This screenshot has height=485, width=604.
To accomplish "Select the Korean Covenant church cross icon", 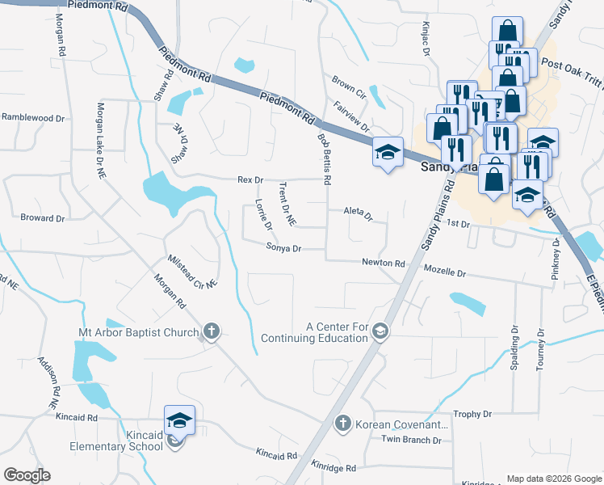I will click(x=342, y=424).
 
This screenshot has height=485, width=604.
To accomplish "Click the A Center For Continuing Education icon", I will click(x=380, y=331).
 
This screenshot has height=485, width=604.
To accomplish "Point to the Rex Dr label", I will click(x=250, y=179).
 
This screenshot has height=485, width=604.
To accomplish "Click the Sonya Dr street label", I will click(x=283, y=250).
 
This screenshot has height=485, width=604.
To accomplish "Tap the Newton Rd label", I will click(x=383, y=263).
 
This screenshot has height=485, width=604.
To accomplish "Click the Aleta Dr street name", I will click(x=358, y=216).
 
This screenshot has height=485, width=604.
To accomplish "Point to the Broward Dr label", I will click(x=42, y=218).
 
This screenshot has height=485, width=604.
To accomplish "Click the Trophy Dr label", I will click(x=472, y=415).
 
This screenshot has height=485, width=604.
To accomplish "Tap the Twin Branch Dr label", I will click(x=411, y=441).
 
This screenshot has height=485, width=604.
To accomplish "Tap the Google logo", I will click(x=27, y=475).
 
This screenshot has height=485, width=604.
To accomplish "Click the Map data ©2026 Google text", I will click(x=553, y=479).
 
